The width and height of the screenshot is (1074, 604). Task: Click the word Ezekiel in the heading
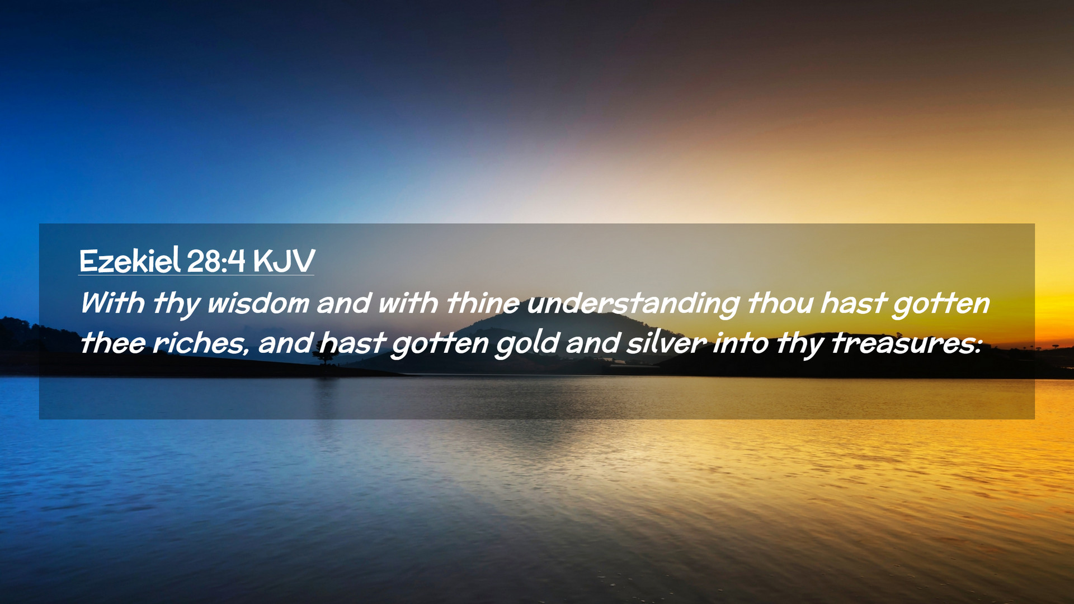pos(130,261)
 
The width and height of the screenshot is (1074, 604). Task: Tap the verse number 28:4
pos(216,261)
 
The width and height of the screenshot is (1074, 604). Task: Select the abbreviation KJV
pos(284,261)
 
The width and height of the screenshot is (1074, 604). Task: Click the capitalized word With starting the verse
pos(112,303)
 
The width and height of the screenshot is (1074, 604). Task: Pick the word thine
pos(483,303)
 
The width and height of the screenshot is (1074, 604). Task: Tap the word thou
pos(780,303)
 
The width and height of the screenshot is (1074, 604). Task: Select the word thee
pos(112,343)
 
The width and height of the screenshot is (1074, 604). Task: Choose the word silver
pos(666,343)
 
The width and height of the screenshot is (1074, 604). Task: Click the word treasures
pos(906,343)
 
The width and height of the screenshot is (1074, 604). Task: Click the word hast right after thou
pos(852,303)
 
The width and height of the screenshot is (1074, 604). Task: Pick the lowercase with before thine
pos(408,303)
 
